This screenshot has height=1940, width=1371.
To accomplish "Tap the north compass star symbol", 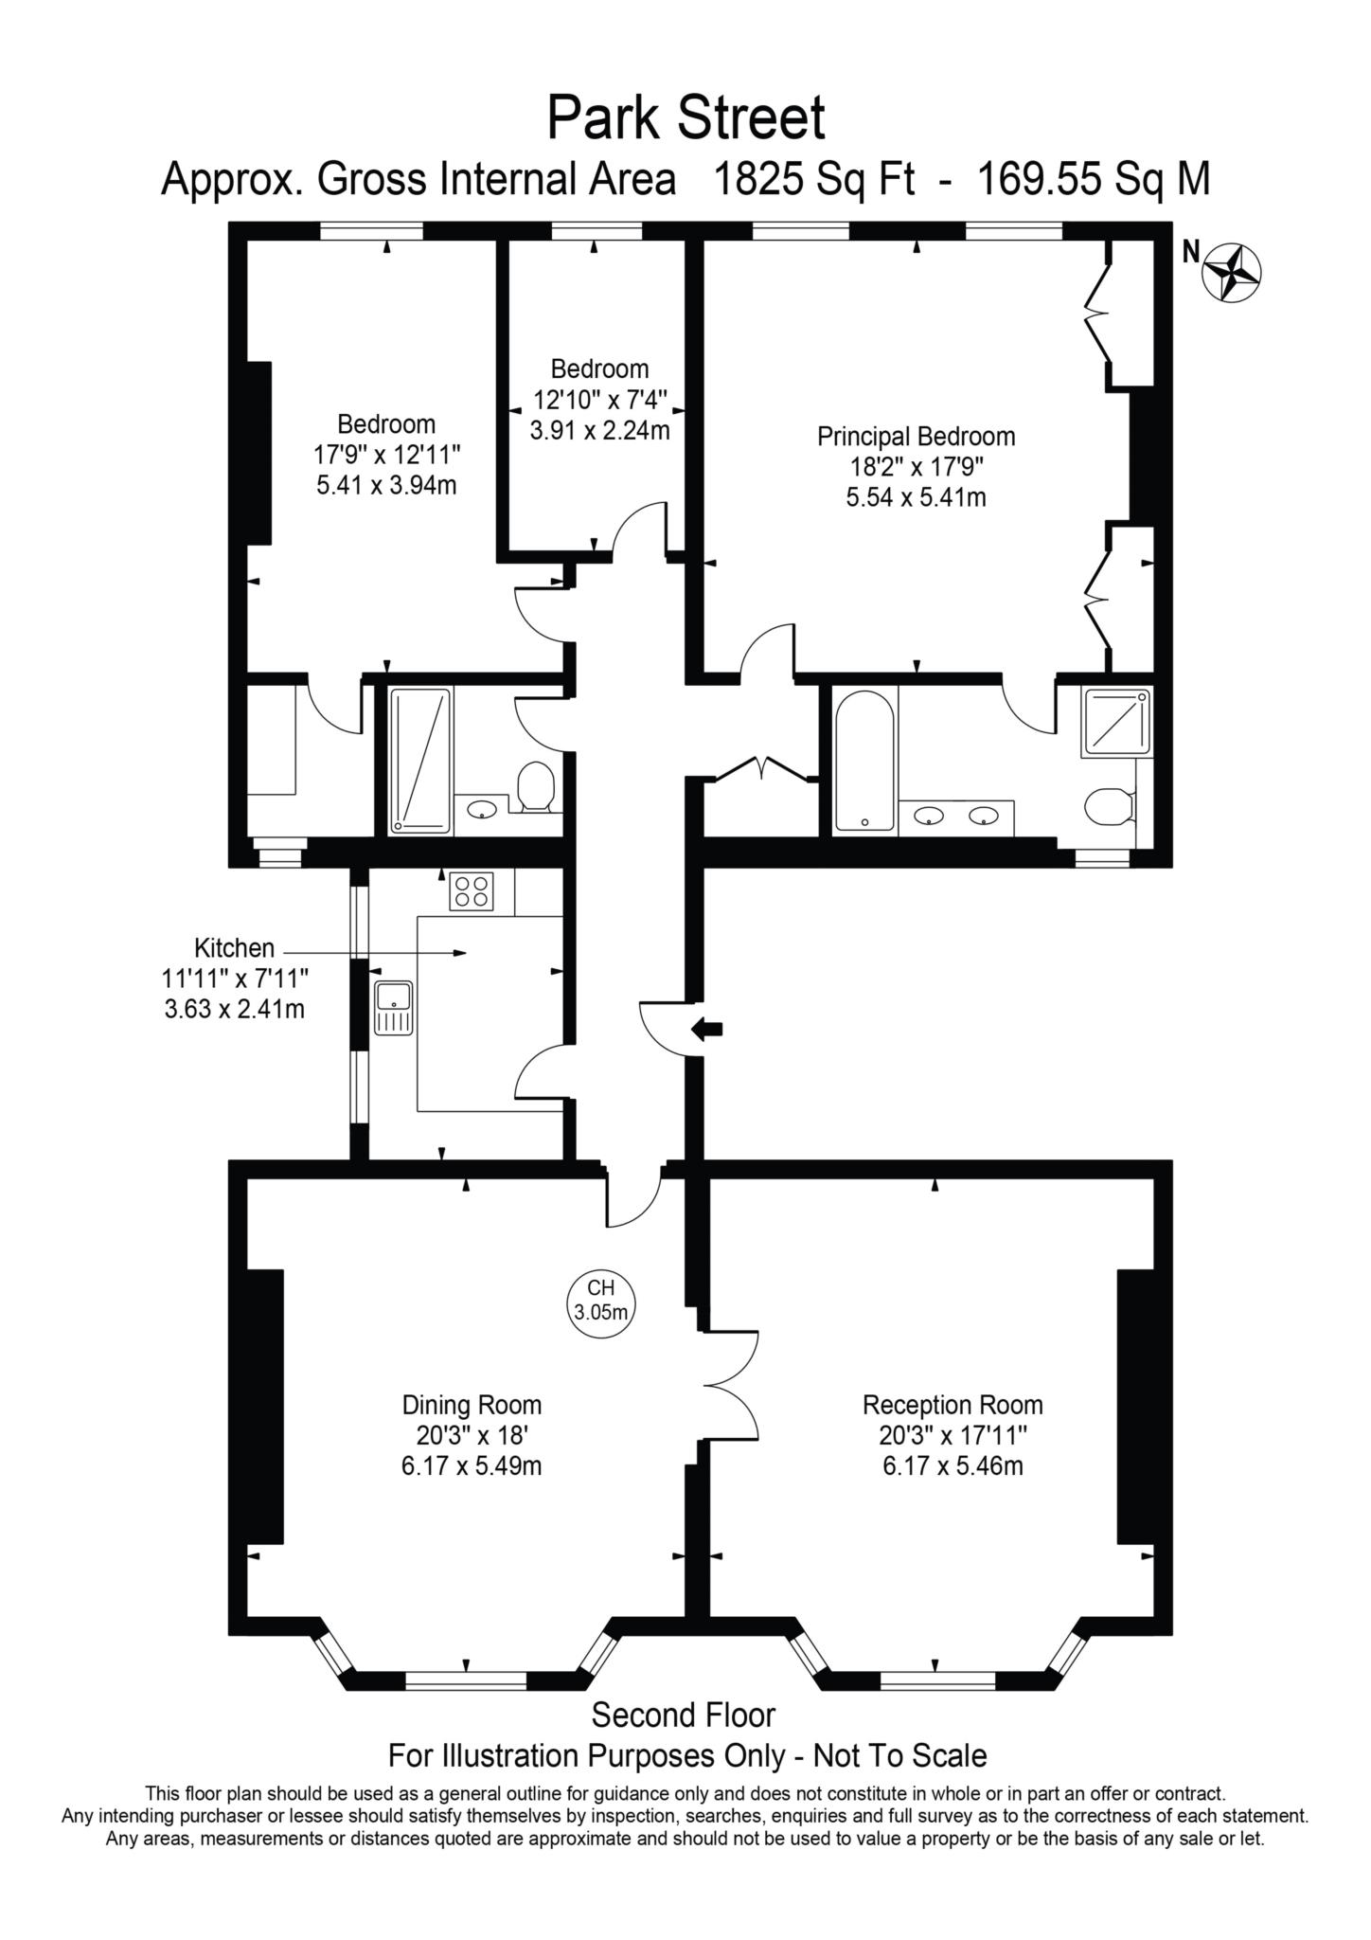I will tap(1231, 274).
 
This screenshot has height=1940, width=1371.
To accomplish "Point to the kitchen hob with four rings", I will tap(472, 890).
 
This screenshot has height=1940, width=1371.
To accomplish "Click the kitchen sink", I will tap(393, 1008).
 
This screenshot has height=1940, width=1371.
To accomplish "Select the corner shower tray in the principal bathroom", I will tap(1116, 723).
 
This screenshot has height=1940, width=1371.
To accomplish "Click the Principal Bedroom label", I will tap(916, 437).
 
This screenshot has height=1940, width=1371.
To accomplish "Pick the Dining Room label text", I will tap(472, 1405).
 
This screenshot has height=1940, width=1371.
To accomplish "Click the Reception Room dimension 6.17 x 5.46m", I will tap(953, 1467).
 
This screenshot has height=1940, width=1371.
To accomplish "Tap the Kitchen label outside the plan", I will tap(234, 947).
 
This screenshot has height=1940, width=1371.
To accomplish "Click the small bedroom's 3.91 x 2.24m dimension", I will tap(599, 431).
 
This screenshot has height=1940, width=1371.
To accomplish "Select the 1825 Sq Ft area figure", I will tap(813, 179).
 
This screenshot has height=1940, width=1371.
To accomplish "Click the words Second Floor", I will tap(683, 1715).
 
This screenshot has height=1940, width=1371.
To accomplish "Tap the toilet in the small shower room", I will tap(536, 787).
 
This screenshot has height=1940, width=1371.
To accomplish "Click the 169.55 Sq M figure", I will tap(1093, 179).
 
